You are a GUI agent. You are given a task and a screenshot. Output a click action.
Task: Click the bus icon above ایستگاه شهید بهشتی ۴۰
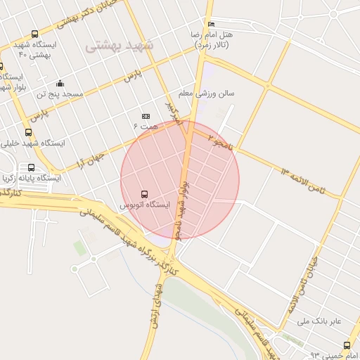pos(35,34)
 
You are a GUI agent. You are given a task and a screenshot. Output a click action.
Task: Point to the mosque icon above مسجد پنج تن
pos(60,83)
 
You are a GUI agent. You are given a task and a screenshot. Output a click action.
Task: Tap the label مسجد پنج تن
pos(61,94)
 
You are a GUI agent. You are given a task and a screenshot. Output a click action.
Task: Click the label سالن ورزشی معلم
pos(206,92)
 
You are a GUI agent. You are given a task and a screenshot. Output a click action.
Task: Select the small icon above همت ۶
pos(146,116)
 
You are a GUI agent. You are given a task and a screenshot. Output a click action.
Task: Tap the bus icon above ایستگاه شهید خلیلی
pos(29,132)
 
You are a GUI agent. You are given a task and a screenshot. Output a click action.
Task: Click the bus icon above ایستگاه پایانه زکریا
pos(31,167)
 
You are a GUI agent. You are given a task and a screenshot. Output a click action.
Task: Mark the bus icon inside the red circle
pos(145,193)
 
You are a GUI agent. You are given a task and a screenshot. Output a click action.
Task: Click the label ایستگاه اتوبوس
pos(144,205)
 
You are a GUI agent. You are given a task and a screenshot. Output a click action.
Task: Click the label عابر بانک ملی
pos(319,321)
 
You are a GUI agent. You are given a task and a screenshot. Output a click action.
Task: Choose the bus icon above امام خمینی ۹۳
pos(347,345)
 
